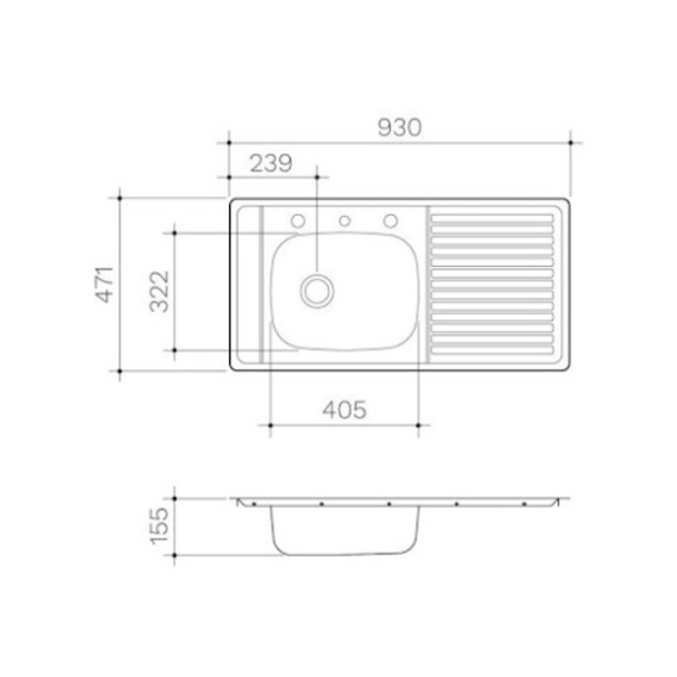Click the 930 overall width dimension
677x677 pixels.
[399, 128]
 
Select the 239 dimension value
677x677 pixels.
[271, 164]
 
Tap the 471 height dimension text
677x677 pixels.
[105, 284]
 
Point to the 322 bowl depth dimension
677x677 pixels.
[159, 291]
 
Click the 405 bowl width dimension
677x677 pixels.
[344, 410]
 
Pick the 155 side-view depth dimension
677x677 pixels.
[159, 525]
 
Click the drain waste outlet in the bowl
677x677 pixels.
[317, 290]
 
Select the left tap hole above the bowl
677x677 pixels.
[298, 221]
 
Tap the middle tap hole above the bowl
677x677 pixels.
[345, 221]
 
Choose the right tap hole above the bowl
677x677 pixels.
[391, 221]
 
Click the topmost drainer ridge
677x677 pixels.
[492, 219]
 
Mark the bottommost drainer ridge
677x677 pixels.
[492, 350]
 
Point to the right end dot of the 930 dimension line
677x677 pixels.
[570, 143]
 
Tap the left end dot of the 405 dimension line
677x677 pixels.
[270, 425]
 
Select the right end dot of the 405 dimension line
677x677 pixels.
[418, 425]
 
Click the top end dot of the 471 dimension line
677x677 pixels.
[120, 197]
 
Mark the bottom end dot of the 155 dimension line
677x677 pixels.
[174, 555]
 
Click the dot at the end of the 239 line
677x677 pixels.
[317, 177]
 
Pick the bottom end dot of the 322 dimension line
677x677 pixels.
[174, 350]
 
